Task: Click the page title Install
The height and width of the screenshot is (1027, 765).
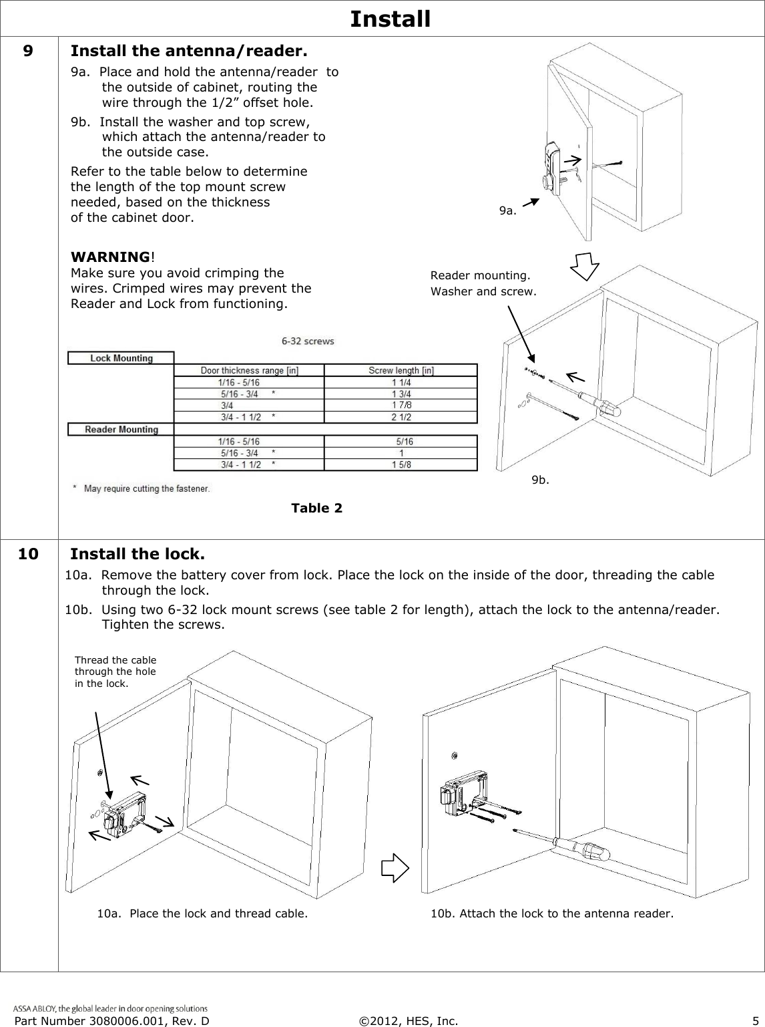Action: pyautogui.click(x=390, y=19)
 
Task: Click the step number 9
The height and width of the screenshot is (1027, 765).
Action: pyautogui.click(x=29, y=51)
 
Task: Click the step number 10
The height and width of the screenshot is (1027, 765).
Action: pyautogui.click(x=29, y=554)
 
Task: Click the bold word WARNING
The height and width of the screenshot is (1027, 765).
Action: pyautogui.click(x=110, y=257)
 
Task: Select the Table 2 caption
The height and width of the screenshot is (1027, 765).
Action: pyautogui.click(x=316, y=508)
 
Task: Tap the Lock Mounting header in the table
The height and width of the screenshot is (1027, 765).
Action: pyautogui.click(x=121, y=358)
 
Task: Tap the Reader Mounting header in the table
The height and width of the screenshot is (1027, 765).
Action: pyautogui.click(x=121, y=430)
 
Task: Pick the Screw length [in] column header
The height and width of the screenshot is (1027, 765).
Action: pyautogui.click(x=401, y=370)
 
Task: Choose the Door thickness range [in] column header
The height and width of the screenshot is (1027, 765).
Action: pyautogui.click(x=249, y=370)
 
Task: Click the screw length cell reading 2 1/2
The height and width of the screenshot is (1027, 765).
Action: pyautogui.click(x=401, y=417)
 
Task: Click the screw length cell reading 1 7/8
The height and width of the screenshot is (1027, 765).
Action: pyautogui.click(x=401, y=405)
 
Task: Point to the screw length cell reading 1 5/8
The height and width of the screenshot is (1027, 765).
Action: pyautogui.click(x=401, y=464)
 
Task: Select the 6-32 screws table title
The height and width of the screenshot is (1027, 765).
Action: pyautogui.click(x=308, y=341)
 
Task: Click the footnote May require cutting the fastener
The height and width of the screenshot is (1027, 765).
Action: pyautogui.click(x=146, y=488)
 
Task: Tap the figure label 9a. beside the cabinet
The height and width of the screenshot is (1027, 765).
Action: pyautogui.click(x=508, y=211)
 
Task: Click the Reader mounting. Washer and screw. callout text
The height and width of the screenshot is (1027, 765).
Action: pyautogui.click(x=483, y=283)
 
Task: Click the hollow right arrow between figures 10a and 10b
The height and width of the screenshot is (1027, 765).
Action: pyautogui.click(x=394, y=867)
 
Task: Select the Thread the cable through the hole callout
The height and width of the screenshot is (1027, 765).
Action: pyautogui.click(x=115, y=672)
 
